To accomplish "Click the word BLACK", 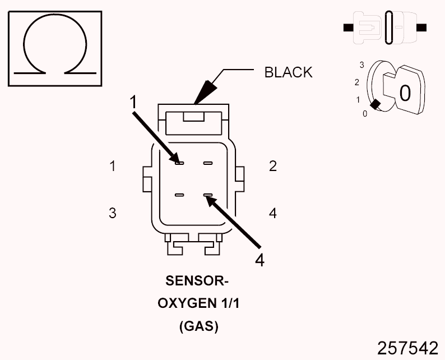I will tap(288, 72).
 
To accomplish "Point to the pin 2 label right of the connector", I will tap(273, 166).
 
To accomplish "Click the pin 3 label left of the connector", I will tap(113, 213).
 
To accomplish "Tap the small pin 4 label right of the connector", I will tap(273, 213).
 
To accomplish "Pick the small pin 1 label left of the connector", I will tap(113, 166).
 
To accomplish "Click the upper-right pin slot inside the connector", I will tap(208, 163).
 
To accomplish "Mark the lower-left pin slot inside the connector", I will tap(179, 195).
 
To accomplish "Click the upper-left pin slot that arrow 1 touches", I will tap(179, 163).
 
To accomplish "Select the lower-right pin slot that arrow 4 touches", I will tap(208, 195).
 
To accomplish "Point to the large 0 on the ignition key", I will tap(405, 92).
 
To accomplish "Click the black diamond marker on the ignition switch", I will tap(376, 104).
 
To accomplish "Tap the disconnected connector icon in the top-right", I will tap(384, 27).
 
